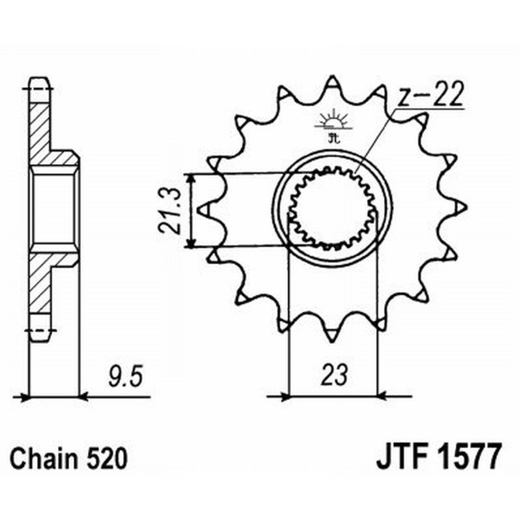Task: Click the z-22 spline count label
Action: tap(430, 96)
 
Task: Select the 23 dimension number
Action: tap(333, 375)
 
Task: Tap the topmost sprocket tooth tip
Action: tap(332, 79)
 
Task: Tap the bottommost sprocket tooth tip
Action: tap(332, 336)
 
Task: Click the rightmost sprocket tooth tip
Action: tap(463, 207)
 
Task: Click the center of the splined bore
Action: tap(332, 210)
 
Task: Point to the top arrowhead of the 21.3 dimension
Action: tap(190, 177)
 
